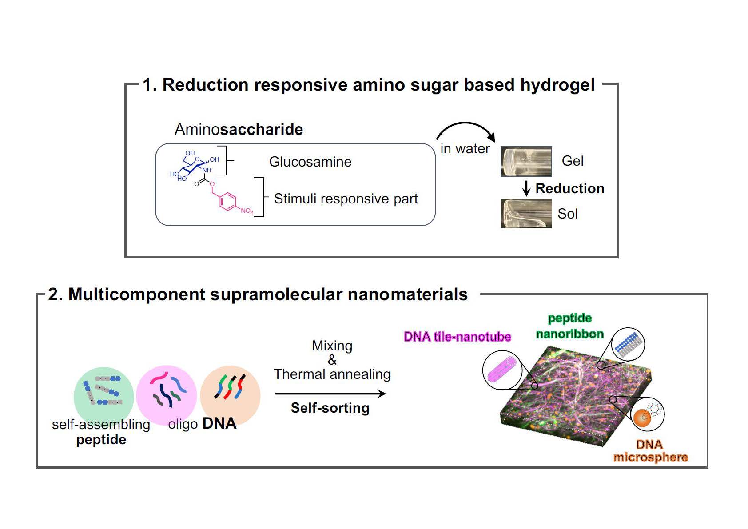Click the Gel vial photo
tap(526, 162)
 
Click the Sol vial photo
tap(526, 213)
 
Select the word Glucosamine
tap(310, 162)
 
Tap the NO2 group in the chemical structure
tap(247, 211)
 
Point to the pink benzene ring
tap(228, 201)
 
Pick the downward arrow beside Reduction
tap(526, 188)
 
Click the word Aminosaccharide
tap(239, 129)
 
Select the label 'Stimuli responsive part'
tap(346, 199)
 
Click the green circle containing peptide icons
tap(104, 396)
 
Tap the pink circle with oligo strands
tap(166, 395)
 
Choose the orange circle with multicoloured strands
tap(230, 395)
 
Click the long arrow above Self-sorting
tap(330, 394)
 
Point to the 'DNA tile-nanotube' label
tap(458, 337)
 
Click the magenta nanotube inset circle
tap(502, 370)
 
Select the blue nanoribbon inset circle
tap(628, 344)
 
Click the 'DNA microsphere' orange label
tap(650, 451)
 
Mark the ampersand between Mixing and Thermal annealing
tap(332, 360)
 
